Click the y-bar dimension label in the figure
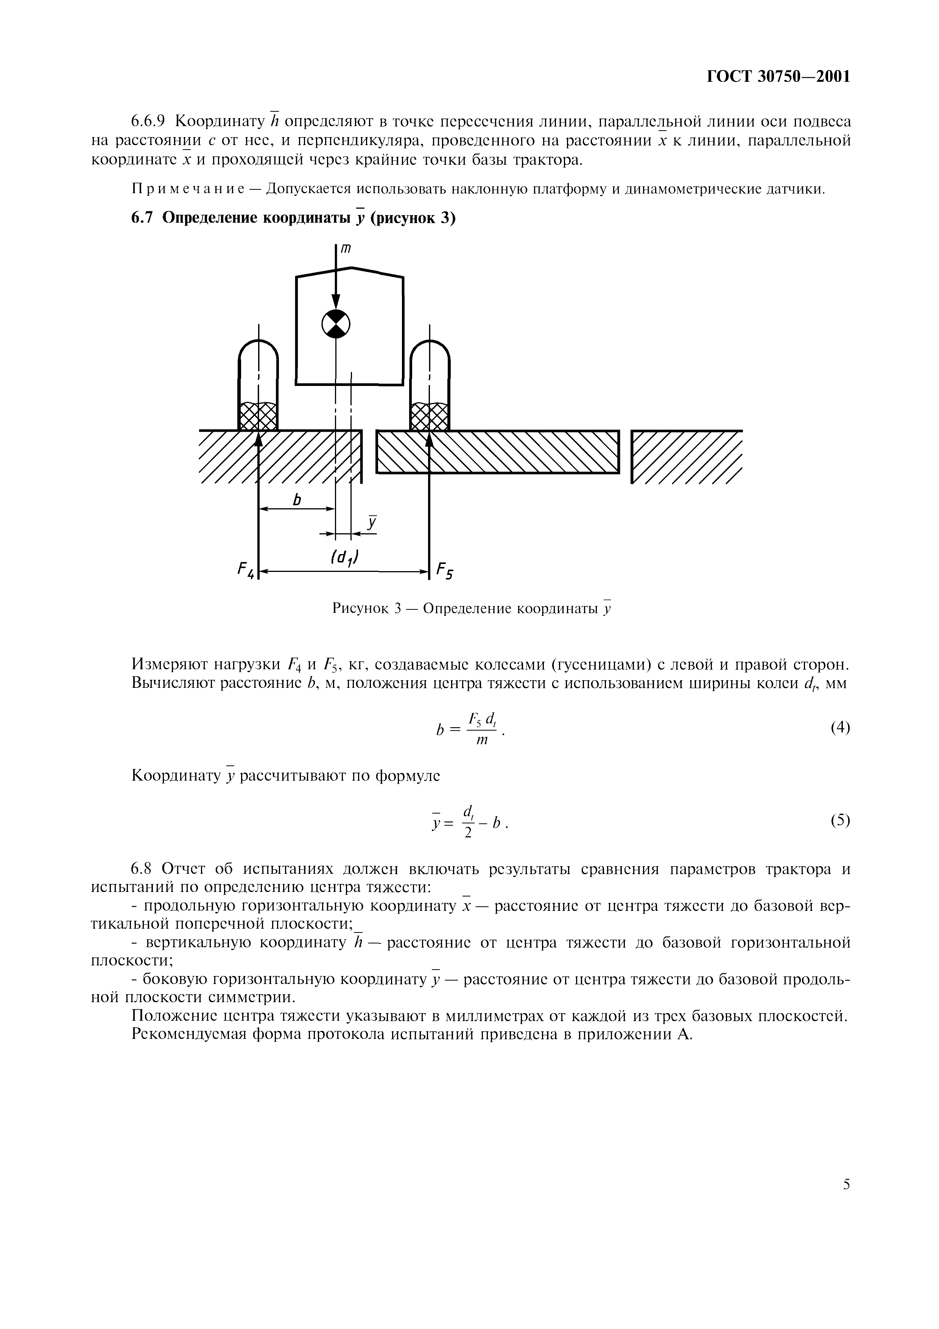coord(372,523)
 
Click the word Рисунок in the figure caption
coord(359,609)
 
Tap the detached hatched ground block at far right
coord(686,457)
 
